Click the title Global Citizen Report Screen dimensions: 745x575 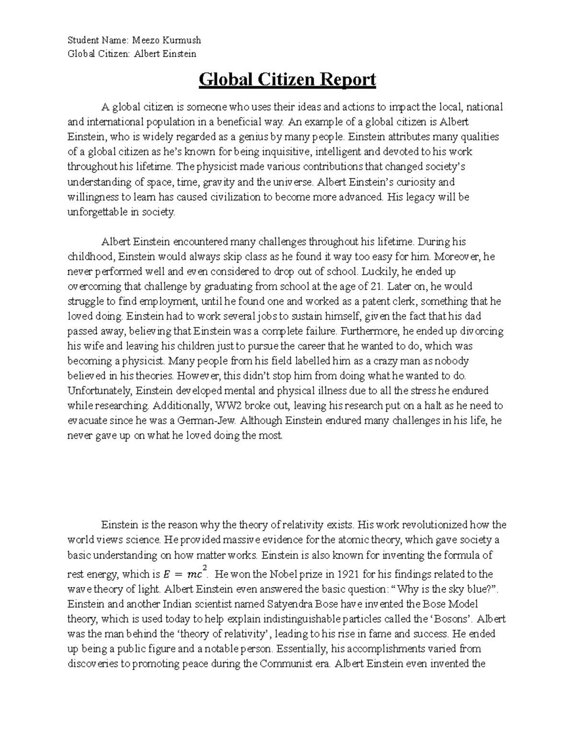tap(287, 80)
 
